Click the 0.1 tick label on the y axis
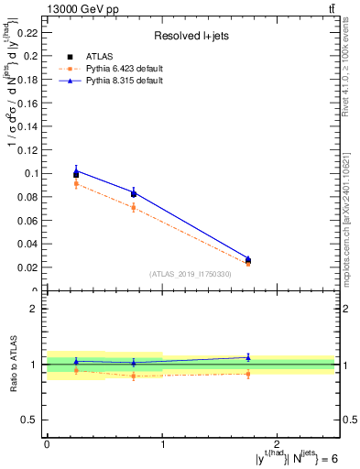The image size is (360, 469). tap(32, 173)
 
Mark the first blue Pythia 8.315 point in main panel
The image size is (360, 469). tap(76, 169)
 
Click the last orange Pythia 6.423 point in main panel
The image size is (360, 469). tap(248, 264)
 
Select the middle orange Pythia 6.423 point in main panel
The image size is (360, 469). tap(134, 207)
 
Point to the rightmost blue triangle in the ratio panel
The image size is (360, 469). tap(248, 357)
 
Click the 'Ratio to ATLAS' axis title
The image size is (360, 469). tap(13, 364)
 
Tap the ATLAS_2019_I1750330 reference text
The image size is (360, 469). tap(191, 274)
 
